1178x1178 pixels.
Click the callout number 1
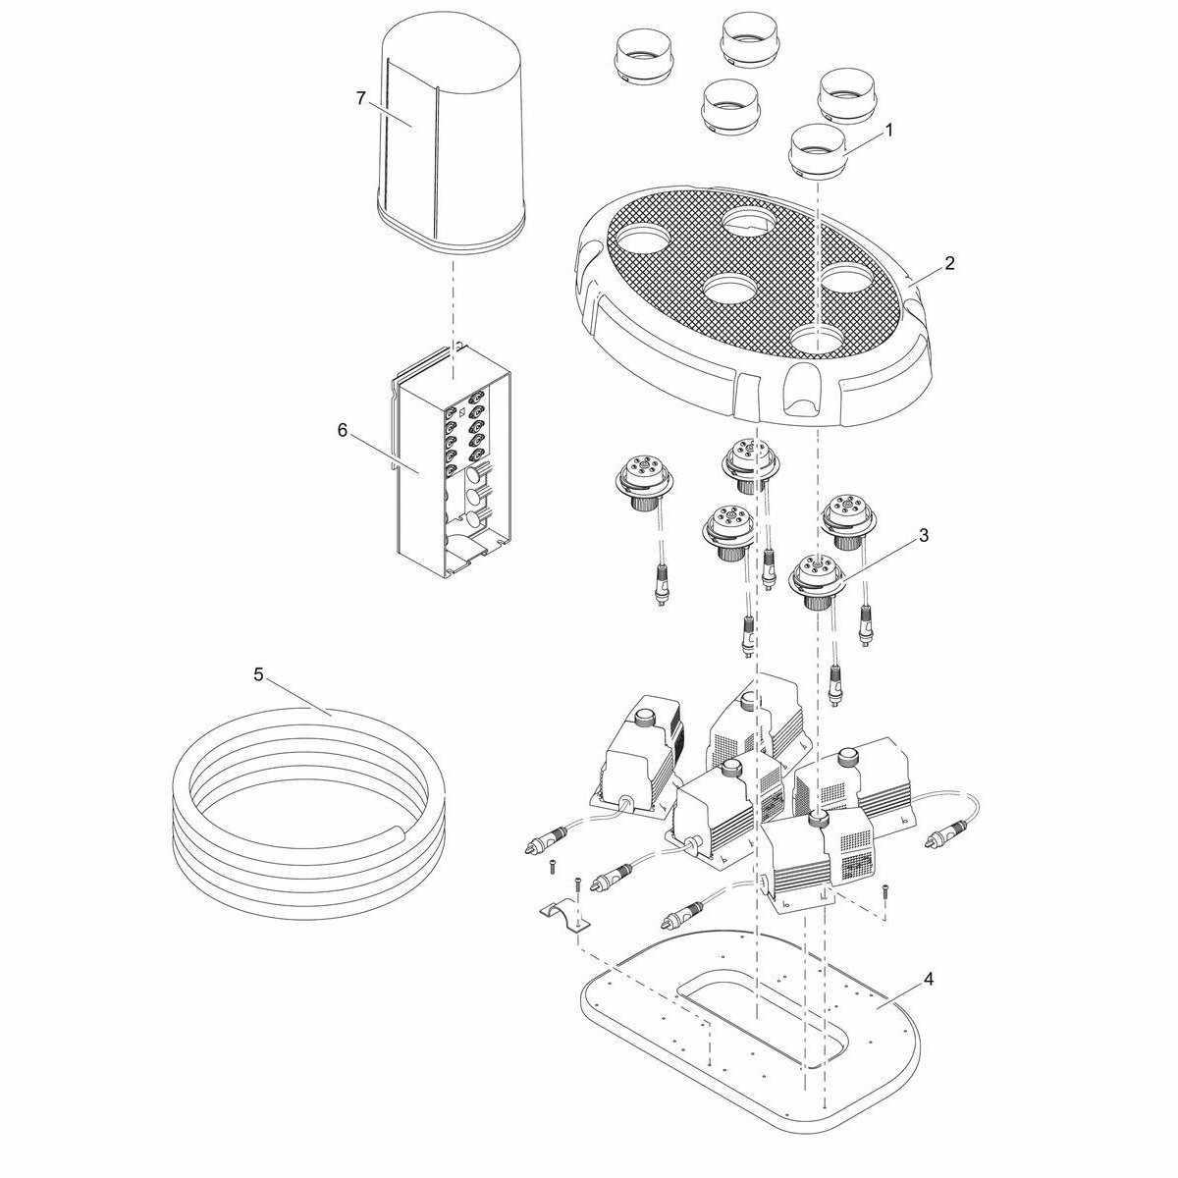(889, 131)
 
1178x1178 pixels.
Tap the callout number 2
(949, 263)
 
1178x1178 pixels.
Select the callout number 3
(924, 536)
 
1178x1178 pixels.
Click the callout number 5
(258, 674)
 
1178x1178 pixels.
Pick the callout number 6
(342, 430)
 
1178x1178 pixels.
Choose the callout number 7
(360, 98)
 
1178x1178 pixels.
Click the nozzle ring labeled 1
(818, 152)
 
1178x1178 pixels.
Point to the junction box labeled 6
(453, 461)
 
